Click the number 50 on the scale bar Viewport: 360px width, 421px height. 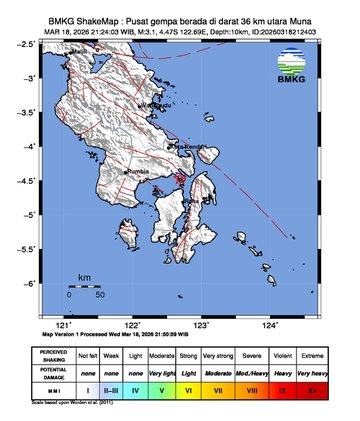pos(100,296)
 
